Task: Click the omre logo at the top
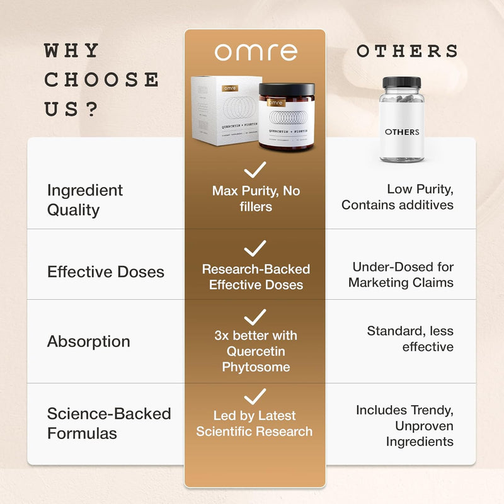(255, 52)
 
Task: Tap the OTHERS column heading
(408, 52)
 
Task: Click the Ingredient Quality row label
(85, 200)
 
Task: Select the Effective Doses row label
(105, 272)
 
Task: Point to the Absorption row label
(88, 341)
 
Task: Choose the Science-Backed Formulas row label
(109, 423)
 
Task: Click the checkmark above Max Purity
(255, 169)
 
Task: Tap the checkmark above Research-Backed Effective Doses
(255, 248)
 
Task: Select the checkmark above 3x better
(255, 316)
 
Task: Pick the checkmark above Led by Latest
(255, 396)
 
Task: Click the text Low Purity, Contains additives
(397, 197)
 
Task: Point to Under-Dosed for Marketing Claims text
(401, 275)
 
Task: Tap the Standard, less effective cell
(410, 339)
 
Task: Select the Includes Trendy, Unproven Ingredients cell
(404, 426)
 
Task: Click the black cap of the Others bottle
(402, 83)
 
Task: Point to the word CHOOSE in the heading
(101, 80)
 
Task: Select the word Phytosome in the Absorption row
(255, 367)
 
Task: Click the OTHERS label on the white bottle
(402, 132)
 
